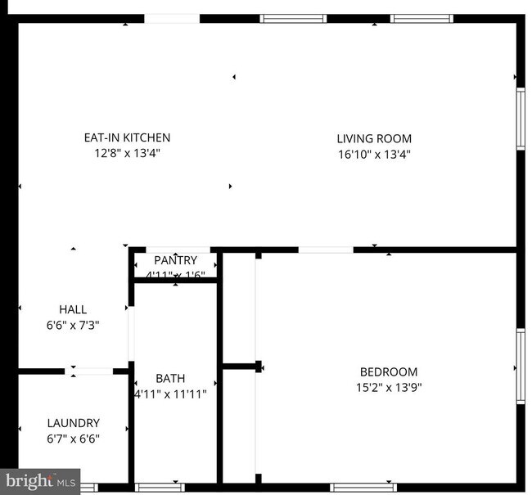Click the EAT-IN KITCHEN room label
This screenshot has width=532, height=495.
coord(127,137)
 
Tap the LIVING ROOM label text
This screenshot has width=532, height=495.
coord(374,138)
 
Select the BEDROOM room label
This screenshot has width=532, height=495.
coord(389,371)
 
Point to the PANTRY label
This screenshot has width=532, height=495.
coord(175,260)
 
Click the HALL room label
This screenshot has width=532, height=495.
coord(73,309)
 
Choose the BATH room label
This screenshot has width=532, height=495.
coord(170,378)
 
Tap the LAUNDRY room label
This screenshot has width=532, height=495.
coord(73,423)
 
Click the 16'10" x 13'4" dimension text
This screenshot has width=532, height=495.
coord(374,153)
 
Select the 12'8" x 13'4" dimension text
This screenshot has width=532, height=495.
coord(127,152)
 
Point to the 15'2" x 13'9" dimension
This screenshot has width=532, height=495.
coord(389,386)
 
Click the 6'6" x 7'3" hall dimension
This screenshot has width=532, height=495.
coord(73,324)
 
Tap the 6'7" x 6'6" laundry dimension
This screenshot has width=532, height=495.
coord(73,438)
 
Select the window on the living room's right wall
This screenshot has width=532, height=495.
coord(520,119)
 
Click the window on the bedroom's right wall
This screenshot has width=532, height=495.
coord(520,366)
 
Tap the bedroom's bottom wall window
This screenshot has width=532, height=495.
coord(363,488)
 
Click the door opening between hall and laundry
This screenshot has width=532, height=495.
coord(89,371)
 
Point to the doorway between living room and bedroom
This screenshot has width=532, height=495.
coord(326,250)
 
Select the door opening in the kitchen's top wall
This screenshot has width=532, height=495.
coord(172,18)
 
